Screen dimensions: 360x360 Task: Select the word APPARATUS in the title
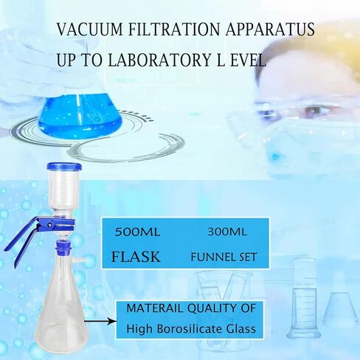pyautogui.click(x=270, y=30)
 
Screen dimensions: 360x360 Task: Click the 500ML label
pyautogui.click(x=137, y=232)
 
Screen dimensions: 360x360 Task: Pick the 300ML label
pyautogui.click(x=227, y=232)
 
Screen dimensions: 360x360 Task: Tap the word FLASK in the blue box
pyautogui.click(x=136, y=257)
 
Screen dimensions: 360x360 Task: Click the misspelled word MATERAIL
pyautogui.click(x=155, y=308)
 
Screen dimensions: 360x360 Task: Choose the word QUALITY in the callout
pyautogui.click(x=211, y=309)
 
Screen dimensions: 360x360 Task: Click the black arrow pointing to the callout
pyautogui.click(x=100, y=321)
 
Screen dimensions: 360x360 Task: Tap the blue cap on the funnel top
pyautogui.click(x=65, y=167)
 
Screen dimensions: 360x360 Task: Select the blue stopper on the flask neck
pyautogui.click(x=63, y=247)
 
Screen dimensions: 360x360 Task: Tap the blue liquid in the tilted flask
pyautogui.click(x=81, y=117)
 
